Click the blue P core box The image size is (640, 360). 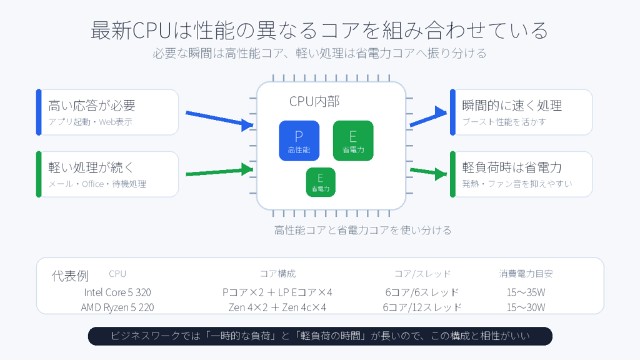click(x=299, y=141)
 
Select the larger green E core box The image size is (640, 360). click(x=353, y=141)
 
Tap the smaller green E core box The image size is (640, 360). click(x=321, y=182)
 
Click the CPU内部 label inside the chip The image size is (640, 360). click(x=314, y=101)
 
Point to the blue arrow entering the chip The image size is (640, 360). click(x=219, y=119)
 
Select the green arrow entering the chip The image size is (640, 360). click(x=219, y=171)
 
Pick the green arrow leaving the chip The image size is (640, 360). click(x=429, y=172)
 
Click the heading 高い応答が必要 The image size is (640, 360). click(x=92, y=106)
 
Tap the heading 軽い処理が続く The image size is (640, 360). click(x=91, y=167)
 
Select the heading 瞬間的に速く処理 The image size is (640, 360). click(x=512, y=106)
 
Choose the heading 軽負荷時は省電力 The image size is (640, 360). click(x=512, y=167)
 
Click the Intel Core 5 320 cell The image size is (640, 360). click(x=117, y=292)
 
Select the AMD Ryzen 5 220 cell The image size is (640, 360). click(x=117, y=307)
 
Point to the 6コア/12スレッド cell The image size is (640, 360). click(x=422, y=307)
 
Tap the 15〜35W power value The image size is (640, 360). click(x=526, y=292)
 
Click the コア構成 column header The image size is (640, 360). click(x=278, y=274)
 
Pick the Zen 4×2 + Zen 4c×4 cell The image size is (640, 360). click(x=277, y=307)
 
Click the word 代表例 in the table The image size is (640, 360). click(x=70, y=276)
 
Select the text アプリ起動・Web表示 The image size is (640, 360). click(x=90, y=122)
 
